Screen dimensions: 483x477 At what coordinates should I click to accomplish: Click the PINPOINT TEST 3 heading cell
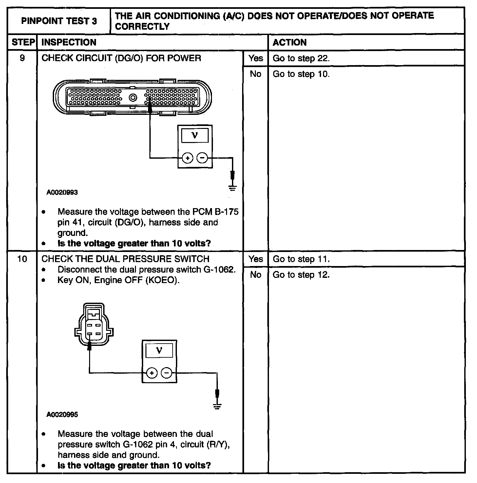[59, 21]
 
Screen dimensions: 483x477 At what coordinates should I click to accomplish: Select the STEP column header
[22, 42]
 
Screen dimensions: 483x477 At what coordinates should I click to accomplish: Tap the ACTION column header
[290, 42]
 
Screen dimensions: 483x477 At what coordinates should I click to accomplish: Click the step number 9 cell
[22, 58]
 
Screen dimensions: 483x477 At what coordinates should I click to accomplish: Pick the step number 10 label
[22, 259]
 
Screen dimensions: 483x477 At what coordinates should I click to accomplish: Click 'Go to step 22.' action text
[301, 58]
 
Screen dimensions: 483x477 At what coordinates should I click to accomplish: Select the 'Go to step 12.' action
[301, 275]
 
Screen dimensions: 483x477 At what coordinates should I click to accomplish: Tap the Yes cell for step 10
[256, 259]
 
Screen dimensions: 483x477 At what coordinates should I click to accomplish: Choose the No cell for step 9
[256, 74]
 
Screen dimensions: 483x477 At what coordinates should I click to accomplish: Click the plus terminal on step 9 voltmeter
[187, 158]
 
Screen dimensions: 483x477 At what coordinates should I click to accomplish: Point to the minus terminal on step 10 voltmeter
[167, 373]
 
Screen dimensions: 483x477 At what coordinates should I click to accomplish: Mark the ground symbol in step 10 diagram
[217, 406]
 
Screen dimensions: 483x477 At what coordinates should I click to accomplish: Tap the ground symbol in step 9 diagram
[233, 188]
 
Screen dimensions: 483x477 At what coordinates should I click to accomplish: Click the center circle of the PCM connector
[133, 98]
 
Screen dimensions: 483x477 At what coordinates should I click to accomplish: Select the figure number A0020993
[62, 192]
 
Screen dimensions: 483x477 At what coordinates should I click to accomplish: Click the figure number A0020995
[62, 415]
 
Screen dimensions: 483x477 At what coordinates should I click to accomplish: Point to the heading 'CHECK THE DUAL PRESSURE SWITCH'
[125, 259]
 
